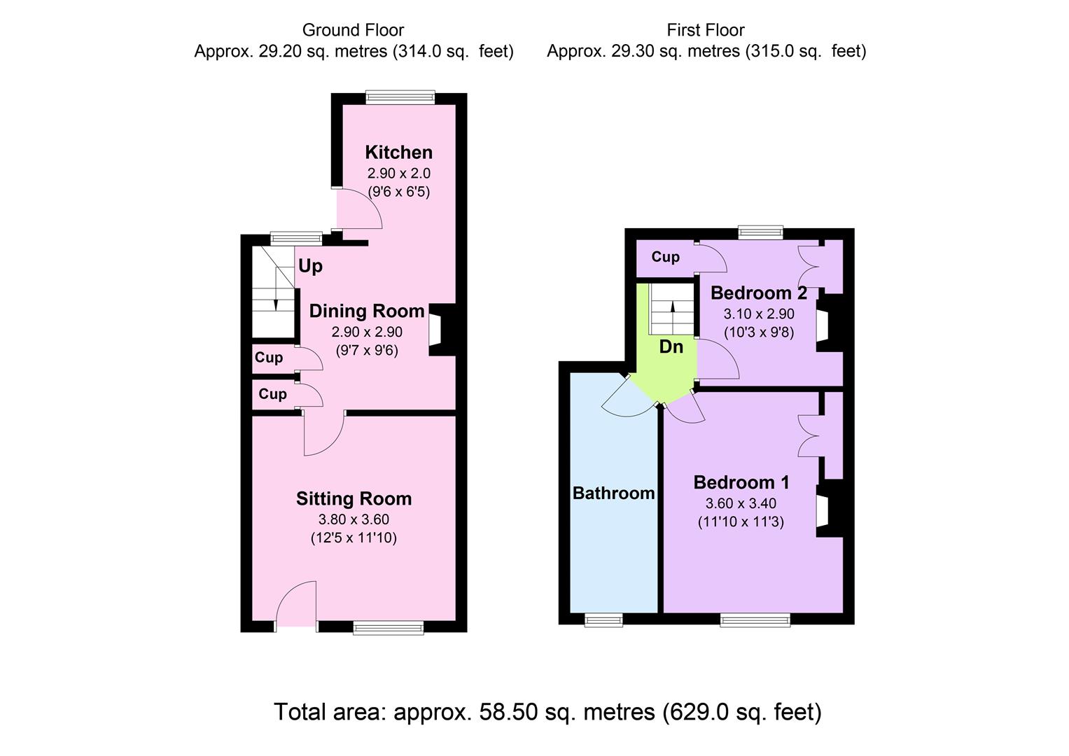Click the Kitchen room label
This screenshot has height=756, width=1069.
point(398,152)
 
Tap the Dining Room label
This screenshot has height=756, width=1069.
point(367,311)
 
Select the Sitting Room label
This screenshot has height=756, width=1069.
point(354,498)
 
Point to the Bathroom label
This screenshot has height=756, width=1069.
point(613,493)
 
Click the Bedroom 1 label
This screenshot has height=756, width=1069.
point(741,482)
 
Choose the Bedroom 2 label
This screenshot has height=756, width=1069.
point(759,293)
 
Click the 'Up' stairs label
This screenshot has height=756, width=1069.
point(310,266)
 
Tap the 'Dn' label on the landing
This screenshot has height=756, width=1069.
point(671,346)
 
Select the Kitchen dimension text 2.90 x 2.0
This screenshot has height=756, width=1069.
point(398,173)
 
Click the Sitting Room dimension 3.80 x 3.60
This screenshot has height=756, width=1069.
point(354,519)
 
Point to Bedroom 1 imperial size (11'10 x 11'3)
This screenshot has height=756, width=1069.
point(741,521)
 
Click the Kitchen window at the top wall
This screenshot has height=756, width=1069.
point(400,98)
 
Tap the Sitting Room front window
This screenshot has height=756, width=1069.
point(389,628)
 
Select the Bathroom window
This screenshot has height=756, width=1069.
point(603,619)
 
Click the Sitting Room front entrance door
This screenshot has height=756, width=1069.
point(297,605)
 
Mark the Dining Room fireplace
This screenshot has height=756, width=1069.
point(435,330)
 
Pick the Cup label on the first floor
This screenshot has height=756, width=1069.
point(665,257)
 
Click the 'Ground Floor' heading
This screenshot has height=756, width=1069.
point(353,30)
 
